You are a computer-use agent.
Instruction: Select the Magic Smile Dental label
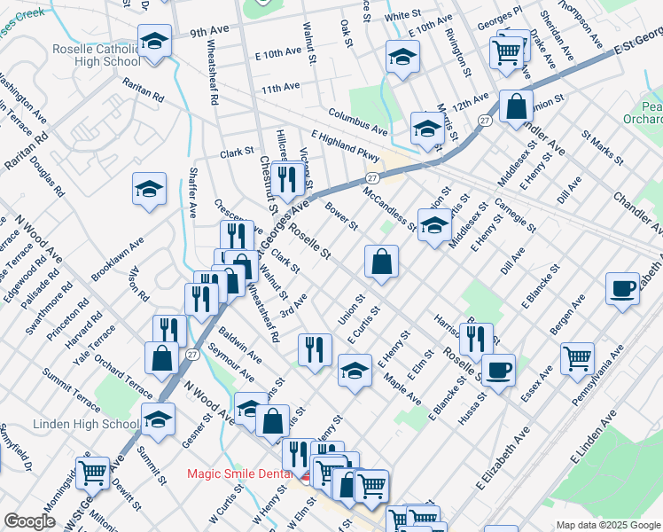click(x=241, y=473)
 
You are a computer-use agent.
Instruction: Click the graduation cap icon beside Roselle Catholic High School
click(x=155, y=42)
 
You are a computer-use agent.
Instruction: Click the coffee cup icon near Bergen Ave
click(x=623, y=288)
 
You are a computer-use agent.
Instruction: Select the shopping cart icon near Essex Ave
click(x=577, y=358)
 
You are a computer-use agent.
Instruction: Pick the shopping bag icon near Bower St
click(x=381, y=262)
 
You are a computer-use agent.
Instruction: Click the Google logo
click(x=29, y=521)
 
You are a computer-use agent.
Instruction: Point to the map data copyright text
click(x=609, y=525)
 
